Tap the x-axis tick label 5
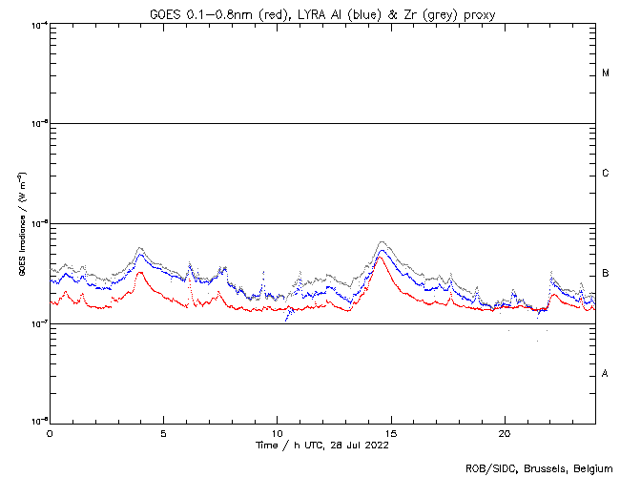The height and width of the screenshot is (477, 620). click(x=163, y=432)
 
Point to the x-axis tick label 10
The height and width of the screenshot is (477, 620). click(x=277, y=432)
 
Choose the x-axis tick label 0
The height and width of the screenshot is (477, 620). click(x=50, y=432)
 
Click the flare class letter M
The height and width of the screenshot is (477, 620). click(x=606, y=73)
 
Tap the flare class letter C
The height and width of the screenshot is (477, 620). click(x=606, y=174)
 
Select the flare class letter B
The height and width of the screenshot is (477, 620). click(x=606, y=274)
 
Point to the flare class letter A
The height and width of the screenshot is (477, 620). click(x=606, y=373)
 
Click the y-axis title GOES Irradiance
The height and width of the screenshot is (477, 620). click(x=20, y=224)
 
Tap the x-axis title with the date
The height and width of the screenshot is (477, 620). click(x=321, y=445)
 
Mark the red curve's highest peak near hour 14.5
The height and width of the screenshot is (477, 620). click(x=380, y=257)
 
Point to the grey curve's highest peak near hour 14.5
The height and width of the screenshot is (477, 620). click(x=382, y=242)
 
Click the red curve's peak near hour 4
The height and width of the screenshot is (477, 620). click(x=140, y=272)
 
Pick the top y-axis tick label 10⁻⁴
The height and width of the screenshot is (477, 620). click(x=39, y=24)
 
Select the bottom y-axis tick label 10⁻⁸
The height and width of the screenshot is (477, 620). click(x=39, y=421)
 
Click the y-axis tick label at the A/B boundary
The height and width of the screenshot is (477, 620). click(x=39, y=322)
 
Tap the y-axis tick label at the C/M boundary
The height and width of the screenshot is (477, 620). click(x=39, y=123)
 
